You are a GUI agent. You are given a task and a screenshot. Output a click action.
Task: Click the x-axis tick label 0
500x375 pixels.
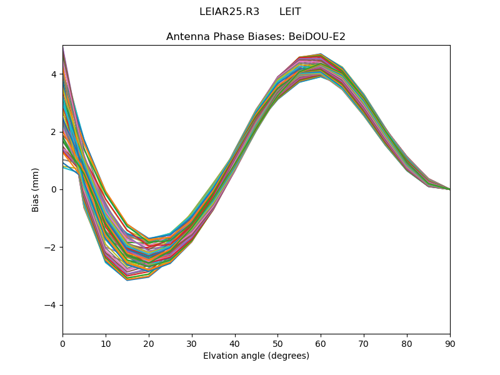coord(62,343)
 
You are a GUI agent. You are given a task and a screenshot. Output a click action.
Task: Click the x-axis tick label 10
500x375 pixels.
coord(106,343)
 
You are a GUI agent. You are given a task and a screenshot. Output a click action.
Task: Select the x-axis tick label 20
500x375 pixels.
coord(149,343)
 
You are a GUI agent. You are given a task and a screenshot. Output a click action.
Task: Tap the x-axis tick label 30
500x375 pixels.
coord(192,343)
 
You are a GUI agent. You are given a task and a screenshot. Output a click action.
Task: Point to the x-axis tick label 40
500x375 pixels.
coord(235,343)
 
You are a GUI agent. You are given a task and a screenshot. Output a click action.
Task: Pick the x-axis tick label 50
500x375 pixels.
coord(277,343)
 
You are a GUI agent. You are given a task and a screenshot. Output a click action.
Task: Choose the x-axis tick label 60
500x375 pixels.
coord(321,343)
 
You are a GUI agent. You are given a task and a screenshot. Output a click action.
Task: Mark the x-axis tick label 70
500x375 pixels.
coord(364,343)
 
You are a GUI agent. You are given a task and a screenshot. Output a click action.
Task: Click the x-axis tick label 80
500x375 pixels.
coord(407,343)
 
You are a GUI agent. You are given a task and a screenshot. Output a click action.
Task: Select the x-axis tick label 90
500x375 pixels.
coord(450,343)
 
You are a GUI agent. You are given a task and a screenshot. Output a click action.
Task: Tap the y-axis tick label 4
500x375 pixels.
coord(54,74)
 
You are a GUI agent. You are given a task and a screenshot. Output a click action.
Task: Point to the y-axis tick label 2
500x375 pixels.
coord(54,132)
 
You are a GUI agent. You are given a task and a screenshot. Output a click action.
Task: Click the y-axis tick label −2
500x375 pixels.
coord(51,247)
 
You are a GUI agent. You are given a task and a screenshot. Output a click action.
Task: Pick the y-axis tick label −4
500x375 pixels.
coord(51,305)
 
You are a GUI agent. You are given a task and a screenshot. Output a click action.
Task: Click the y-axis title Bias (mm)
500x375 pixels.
coord(36,189)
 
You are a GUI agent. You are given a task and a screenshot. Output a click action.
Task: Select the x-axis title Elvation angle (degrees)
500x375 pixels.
coord(256,356)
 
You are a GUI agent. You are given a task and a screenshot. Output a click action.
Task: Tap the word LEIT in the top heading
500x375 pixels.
coord(290,12)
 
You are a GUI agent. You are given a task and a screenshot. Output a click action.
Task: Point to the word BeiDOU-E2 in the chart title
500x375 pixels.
coord(316,37)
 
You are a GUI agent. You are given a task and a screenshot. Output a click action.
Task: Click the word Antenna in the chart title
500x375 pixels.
coord(185,37)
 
